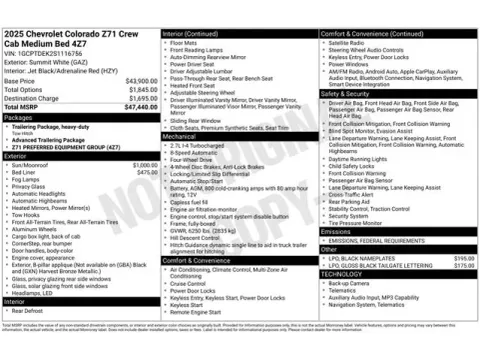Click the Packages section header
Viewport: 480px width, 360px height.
click(20, 117)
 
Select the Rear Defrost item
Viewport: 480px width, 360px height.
click(31, 310)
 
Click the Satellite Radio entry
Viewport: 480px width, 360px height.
click(346, 43)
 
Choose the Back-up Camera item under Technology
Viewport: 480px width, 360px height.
click(349, 283)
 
